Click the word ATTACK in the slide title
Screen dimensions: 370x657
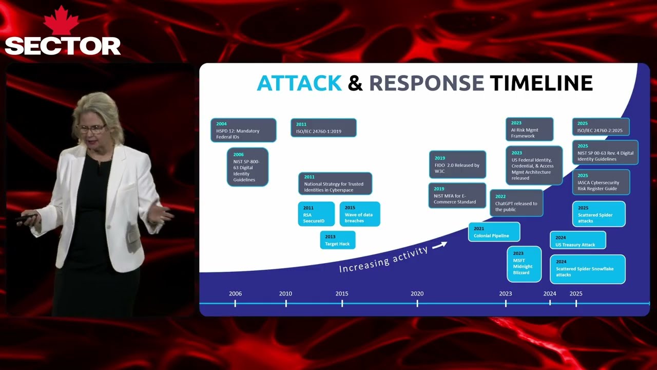[299, 83]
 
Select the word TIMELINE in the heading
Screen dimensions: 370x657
[541, 83]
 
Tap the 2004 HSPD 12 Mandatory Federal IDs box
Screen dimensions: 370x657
[243, 131]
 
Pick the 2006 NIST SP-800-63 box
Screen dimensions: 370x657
[247, 167]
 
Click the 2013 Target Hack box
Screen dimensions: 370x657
[337, 240]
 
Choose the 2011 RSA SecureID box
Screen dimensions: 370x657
[316, 214]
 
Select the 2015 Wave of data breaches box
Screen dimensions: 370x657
[359, 214]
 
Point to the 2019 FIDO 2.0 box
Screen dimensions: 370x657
[457, 165]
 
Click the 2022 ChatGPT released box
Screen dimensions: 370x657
[516, 203]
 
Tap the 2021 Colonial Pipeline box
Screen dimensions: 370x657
[494, 232]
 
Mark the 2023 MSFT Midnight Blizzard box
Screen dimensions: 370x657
[524, 264]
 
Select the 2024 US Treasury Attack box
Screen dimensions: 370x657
[577, 240]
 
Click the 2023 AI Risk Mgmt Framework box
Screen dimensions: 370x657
[529, 129]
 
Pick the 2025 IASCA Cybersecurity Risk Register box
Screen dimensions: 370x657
[601, 182]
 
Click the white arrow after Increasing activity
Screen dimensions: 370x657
[439, 246]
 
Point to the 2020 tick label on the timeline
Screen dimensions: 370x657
[417, 293]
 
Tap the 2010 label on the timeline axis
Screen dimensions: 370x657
[285, 293]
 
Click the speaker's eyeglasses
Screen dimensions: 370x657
[91, 128]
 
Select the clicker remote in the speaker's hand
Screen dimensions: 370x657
[25, 218]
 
